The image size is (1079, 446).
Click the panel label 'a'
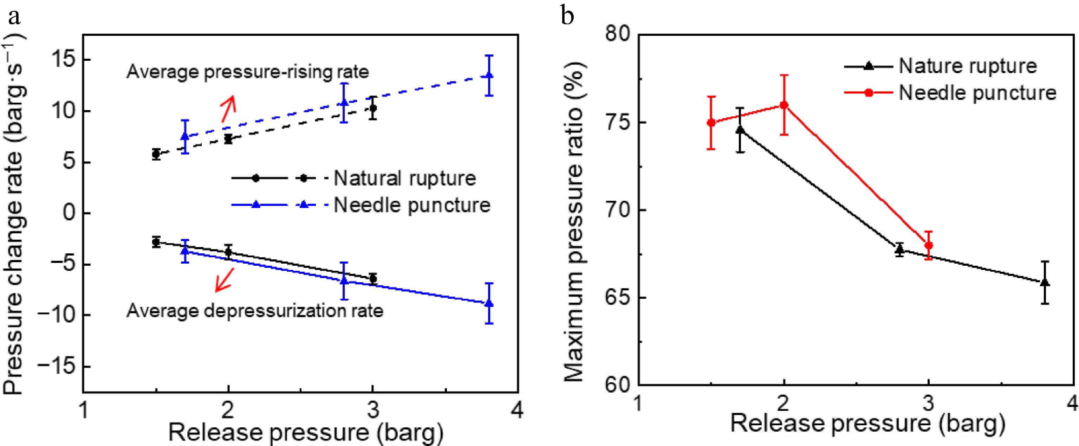[x=14, y=17]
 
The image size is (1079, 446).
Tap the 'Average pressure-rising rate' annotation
[x=248, y=72]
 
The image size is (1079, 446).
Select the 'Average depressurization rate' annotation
[x=255, y=311]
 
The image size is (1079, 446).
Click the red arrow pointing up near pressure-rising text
[x=228, y=109]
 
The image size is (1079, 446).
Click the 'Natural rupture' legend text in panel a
[x=405, y=179]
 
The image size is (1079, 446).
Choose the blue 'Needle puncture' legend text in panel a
[x=412, y=205]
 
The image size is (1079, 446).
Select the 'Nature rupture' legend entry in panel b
[x=968, y=66]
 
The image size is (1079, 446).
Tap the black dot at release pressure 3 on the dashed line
[x=373, y=108]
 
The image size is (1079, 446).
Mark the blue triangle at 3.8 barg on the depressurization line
[x=489, y=303]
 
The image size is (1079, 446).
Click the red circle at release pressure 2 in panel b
[x=784, y=105]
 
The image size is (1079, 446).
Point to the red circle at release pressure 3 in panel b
[x=929, y=245]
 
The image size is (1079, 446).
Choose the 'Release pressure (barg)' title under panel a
[x=306, y=433]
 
